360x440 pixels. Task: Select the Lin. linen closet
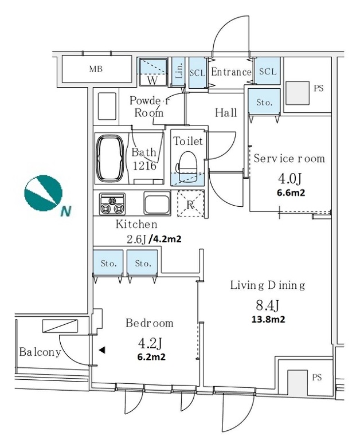[x=178, y=72]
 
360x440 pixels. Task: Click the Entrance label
[x=231, y=72]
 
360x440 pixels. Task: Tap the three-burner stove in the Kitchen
[x=112, y=203]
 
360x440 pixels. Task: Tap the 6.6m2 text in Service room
[x=289, y=193]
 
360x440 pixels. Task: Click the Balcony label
[x=39, y=352]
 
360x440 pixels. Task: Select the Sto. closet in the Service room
[x=264, y=103]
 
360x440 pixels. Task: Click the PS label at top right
[x=319, y=89]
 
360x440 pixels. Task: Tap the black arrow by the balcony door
[x=101, y=349]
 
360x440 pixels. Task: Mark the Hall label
[x=226, y=113]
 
